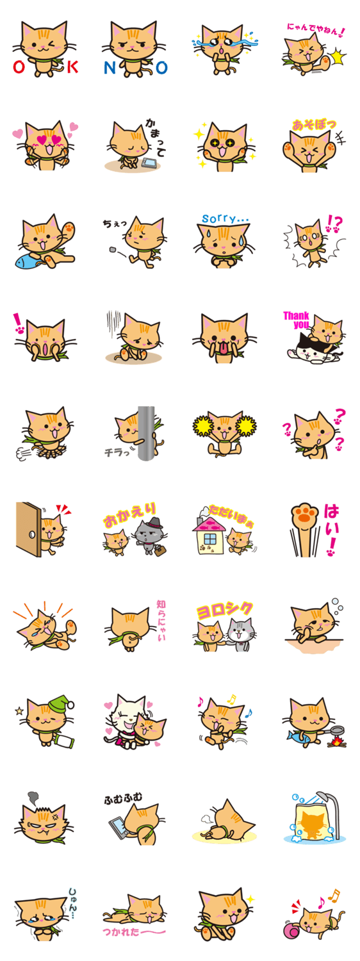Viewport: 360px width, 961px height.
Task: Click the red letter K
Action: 72,67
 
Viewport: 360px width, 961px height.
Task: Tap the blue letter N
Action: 110,67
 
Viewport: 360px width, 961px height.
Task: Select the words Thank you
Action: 296,320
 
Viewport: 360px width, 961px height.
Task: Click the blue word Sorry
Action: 225,218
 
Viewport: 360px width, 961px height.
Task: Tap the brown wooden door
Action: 28,529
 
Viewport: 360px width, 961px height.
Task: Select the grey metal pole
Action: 146,433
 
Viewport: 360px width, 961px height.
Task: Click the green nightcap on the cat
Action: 60,704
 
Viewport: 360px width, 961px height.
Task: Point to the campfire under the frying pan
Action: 337,741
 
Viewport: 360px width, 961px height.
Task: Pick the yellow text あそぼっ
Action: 314,125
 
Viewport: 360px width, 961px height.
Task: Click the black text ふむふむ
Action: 123,798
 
